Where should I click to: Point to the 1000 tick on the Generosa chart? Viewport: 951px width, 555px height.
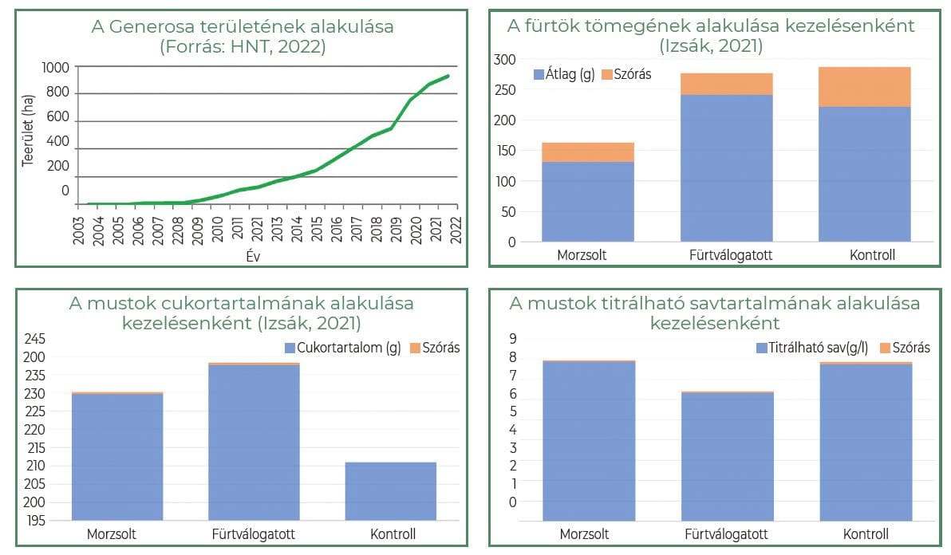(x=55, y=67)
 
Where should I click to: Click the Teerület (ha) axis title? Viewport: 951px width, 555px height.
(x=28, y=135)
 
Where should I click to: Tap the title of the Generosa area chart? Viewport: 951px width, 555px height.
(x=243, y=37)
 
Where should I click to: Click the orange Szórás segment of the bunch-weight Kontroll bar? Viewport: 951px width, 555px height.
(x=865, y=87)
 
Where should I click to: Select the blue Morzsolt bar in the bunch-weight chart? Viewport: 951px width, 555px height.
(x=588, y=201)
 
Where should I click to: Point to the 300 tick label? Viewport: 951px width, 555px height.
(x=505, y=60)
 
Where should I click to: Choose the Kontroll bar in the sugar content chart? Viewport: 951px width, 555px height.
(x=391, y=490)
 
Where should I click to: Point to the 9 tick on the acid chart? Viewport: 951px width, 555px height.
(x=513, y=339)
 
